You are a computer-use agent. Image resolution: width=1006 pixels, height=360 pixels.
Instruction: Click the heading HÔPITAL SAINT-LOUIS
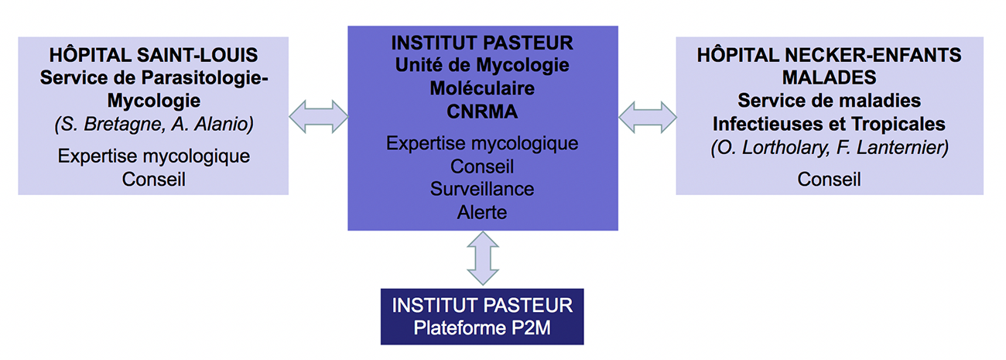click(153, 56)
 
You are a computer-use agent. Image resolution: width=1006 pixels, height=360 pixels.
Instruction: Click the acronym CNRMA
click(482, 111)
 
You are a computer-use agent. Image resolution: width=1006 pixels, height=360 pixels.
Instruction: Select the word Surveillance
click(482, 189)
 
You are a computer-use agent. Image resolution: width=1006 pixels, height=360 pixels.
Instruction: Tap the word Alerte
click(482, 211)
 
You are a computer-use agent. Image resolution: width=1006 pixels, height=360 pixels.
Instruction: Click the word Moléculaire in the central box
click(482, 88)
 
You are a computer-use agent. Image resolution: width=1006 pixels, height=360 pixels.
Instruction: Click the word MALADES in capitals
click(829, 78)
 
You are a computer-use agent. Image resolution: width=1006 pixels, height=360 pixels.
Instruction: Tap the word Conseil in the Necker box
click(829, 180)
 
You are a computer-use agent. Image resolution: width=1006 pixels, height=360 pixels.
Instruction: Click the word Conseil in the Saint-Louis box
click(153, 179)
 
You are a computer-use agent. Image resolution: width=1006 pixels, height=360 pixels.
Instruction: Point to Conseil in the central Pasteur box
click(482, 166)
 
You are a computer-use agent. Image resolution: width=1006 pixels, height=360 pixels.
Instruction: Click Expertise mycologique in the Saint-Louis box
click(153, 156)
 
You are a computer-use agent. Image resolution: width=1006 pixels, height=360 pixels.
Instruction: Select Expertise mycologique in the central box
click(482, 144)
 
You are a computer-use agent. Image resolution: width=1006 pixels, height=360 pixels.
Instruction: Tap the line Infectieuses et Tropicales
click(829, 124)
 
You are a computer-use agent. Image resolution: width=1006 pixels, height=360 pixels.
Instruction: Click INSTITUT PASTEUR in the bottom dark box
click(482, 304)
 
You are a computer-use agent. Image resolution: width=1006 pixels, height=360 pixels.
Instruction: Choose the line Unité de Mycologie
click(482, 64)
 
